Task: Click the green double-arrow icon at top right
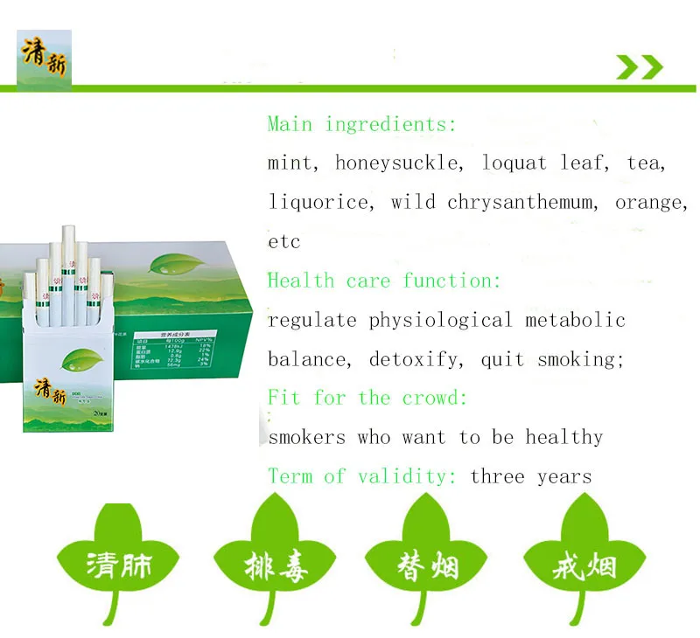tap(640, 66)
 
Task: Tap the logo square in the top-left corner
tap(44, 59)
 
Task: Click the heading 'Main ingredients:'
tap(361, 124)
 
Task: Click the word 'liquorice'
tap(318, 202)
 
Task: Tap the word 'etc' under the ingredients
tap(284, 241)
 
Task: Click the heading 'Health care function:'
tap(384, 281)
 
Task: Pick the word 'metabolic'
tap(575, 320)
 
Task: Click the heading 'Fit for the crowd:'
tap(367, 399)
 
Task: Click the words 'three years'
tap(530, 476)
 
